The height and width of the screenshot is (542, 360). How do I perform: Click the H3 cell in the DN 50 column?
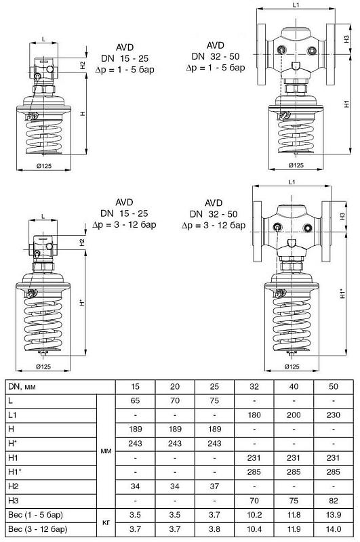click(333, 501)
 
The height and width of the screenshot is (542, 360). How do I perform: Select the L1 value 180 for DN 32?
click(254, 415)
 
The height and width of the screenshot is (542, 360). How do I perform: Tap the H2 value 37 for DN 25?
click(214, 486)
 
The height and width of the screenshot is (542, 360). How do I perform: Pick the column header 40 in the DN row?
click(294, 386)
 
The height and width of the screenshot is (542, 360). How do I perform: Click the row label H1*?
click(15, 472)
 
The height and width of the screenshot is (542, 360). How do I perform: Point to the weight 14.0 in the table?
click(334, 529)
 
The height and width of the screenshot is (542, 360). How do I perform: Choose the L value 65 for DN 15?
click(135, 400)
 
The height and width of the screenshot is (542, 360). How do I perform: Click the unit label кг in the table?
click(106, 522)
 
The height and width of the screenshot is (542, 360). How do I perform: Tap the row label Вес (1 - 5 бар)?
click(36, 515)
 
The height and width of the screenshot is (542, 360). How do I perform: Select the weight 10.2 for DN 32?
click(254, 515)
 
